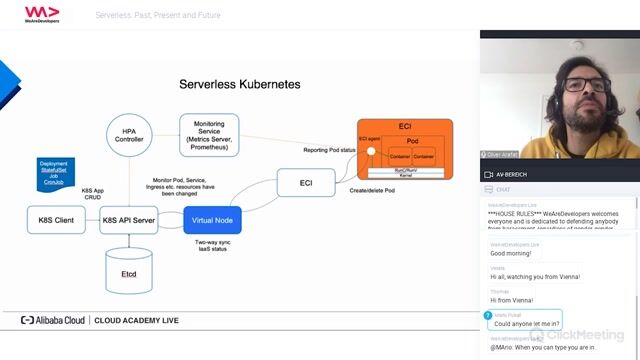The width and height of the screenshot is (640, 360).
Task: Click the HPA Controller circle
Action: (x=128, y=136)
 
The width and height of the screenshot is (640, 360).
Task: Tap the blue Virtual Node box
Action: (x=213, y=219)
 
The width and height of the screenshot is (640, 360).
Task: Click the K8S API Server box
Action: (x=128, y=219)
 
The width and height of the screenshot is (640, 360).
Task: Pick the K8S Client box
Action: (x=55, y=219)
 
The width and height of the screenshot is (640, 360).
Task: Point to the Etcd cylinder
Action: (x=128, y=270)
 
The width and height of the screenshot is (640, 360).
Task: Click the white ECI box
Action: (x=305, y=184)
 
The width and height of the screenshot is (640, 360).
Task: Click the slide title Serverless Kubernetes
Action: (x=239, y=85)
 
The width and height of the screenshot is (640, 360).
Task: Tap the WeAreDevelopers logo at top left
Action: (x=42, y=13)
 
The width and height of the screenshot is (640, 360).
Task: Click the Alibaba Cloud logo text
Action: (x=55, y=321)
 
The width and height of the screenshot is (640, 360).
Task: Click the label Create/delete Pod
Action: (x=372, y=189)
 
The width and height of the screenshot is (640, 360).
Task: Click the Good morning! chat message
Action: (x=510, y=253)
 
